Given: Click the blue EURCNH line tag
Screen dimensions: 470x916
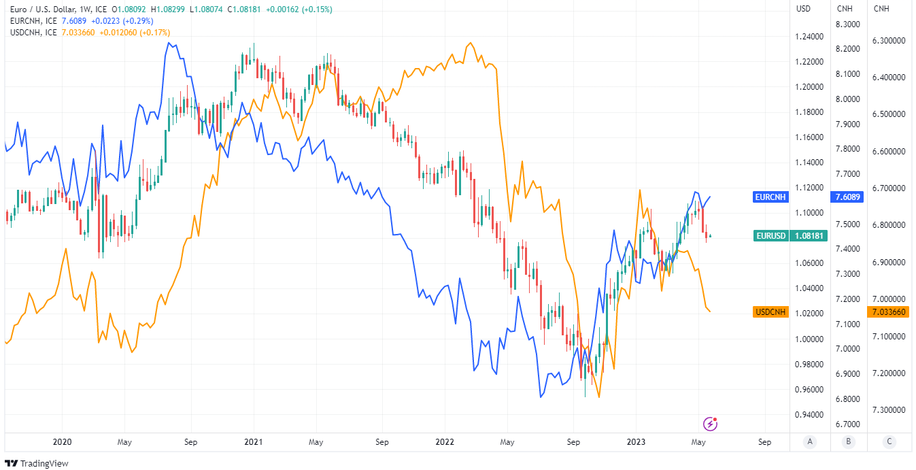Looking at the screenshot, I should tap(770, 197).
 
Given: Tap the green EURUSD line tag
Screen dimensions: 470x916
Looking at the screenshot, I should tap(771, 236).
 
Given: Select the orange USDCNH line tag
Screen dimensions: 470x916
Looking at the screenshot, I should tap(770, 312).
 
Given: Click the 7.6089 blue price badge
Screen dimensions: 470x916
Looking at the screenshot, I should tap(847, 197).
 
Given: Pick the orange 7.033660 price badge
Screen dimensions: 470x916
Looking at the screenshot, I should tap(888, 312).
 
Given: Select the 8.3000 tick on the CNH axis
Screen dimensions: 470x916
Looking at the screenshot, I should tap(848, 24).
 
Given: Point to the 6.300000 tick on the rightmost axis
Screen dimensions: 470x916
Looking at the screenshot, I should tap(888, 41).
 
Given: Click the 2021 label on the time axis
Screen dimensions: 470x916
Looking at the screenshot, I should tap(253, 441).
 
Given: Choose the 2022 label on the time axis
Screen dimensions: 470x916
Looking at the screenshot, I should tap(445, 441).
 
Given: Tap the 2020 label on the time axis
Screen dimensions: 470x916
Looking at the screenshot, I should tap(62, 441).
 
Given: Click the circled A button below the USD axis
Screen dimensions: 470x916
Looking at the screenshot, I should tap(809, 441).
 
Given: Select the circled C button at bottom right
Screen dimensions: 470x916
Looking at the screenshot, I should tap(889, 441).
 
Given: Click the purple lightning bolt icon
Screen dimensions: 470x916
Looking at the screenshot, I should tap(711, 424).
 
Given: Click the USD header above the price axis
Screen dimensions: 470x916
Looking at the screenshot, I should tap(803, 9).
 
